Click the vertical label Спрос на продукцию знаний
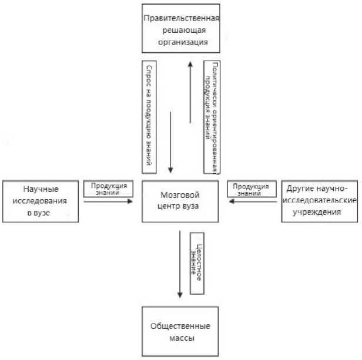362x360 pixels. click(x=151, y=117)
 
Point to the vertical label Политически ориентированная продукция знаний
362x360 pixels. click(x=212, y=117)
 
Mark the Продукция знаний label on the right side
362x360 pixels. click(x=248, y=189)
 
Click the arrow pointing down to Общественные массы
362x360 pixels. click(x=181, y=264)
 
